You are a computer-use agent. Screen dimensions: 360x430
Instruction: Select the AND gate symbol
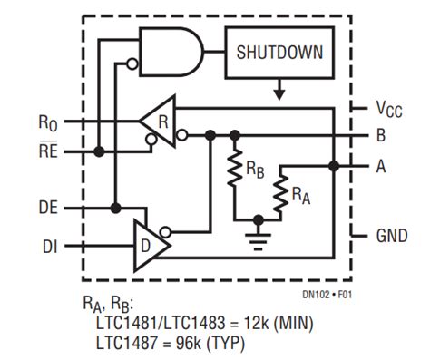click(170, 52)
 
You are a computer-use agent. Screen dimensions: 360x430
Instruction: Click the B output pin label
click(381, 137)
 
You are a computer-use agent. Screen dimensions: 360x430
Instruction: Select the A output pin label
click(381, 166)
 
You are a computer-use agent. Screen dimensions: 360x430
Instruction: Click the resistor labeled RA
click(281, 191)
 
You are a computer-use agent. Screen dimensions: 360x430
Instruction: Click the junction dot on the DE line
click(115, 208)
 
